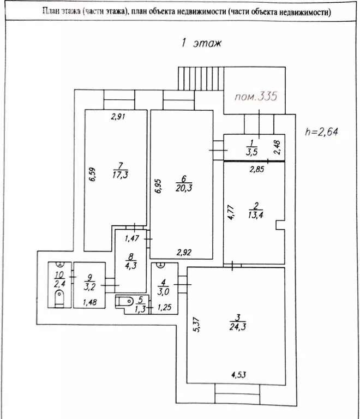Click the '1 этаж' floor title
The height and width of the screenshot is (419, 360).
point(200,44)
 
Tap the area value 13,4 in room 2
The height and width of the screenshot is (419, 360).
point(255,214)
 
